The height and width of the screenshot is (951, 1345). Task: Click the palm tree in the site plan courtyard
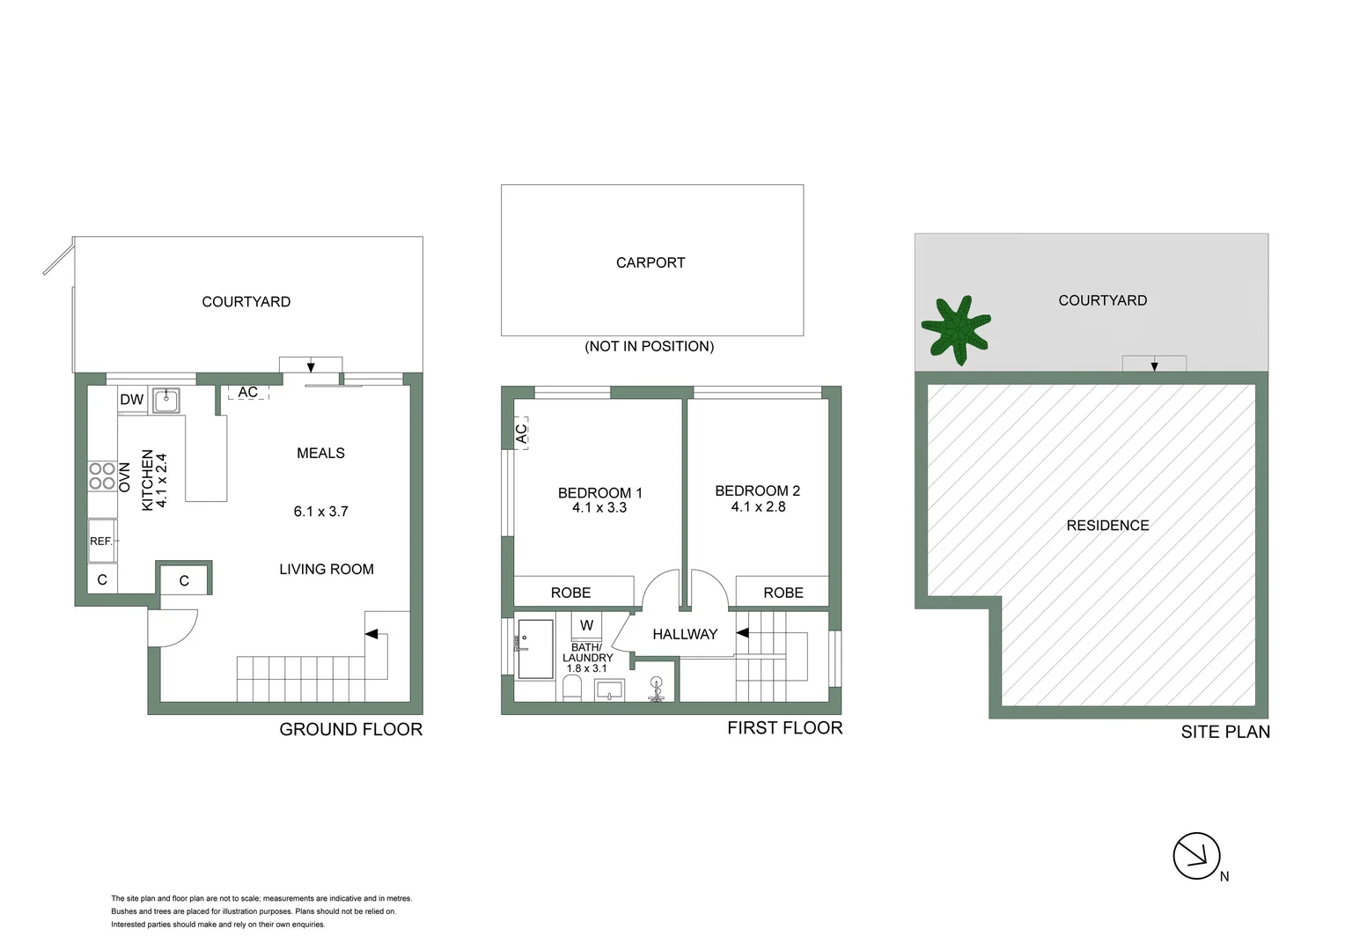pyautogui.click(x=956, y=328)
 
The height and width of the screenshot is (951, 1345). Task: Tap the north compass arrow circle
pyautogui.click(x=1196, y=856)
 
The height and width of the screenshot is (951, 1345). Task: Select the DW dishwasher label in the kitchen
pyautogui.click(x=131, y=400)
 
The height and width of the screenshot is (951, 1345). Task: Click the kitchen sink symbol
pyautogui.click(x=165, y=401)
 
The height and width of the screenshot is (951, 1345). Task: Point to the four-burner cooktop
pyautogui.click(x=102, y=476)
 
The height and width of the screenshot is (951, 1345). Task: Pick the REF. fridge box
pyautogui.click(x=102, y=541)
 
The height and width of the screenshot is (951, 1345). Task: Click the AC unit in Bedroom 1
pyautogui.click(x=521, y=433)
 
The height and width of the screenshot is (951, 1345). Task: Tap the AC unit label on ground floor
pyautogui.click(x=248, y=393)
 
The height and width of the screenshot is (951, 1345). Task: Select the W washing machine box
pyautogui.click(x=586, y=625)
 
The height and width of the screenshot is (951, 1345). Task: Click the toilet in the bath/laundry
pyautogui.click(x=573, y=687)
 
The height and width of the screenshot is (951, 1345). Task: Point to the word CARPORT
pyautogui.click(x=650, y=262)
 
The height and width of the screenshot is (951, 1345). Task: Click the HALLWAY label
pyautogui.click(x=685, y=634)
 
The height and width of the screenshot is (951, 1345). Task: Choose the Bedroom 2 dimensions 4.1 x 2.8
pyautogui.click(x=758, y=506)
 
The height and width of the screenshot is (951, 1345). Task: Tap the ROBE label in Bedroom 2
pyautogui.click(x=783, y=593)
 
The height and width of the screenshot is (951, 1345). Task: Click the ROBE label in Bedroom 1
pyautogui.click(x=570, y=593)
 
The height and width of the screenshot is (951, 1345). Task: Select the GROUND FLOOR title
pyautogui.click(x=350, y=729)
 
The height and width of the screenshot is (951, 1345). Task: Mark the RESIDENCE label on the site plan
pyautogui.click(x=1107, y=526)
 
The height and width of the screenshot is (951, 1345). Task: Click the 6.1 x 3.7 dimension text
pyautogui.click(x=321, y=512)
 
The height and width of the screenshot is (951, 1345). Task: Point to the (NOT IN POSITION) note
pyautogui.click(x=650, y=346)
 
